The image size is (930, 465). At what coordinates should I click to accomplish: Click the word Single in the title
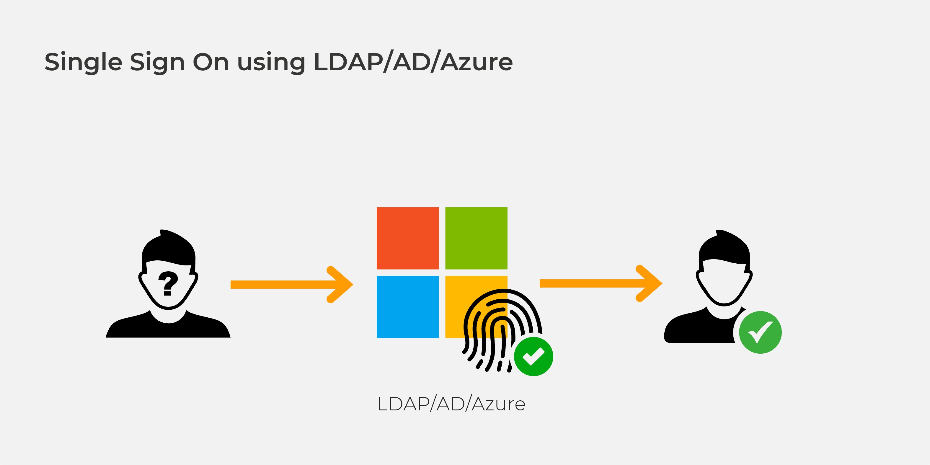click(x=83, y=62)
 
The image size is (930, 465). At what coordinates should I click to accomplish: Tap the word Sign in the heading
click(x=157, y=62)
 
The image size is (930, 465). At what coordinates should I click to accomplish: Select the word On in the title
click(x=211, y=62)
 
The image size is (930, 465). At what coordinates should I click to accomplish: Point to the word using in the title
click(x=271, y=62)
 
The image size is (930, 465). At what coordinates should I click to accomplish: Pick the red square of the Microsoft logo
click(x=408, y=238)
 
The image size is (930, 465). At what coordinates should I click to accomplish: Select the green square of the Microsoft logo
click(x=476, y=238)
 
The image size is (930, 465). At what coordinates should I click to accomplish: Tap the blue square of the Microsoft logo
click(x=408, y=307)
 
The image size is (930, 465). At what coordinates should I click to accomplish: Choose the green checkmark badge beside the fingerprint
click(x=533, y=356)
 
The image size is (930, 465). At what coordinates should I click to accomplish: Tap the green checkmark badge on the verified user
click(x=760, y=332)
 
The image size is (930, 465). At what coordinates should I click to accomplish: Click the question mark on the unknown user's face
click(x=168, y=283)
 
